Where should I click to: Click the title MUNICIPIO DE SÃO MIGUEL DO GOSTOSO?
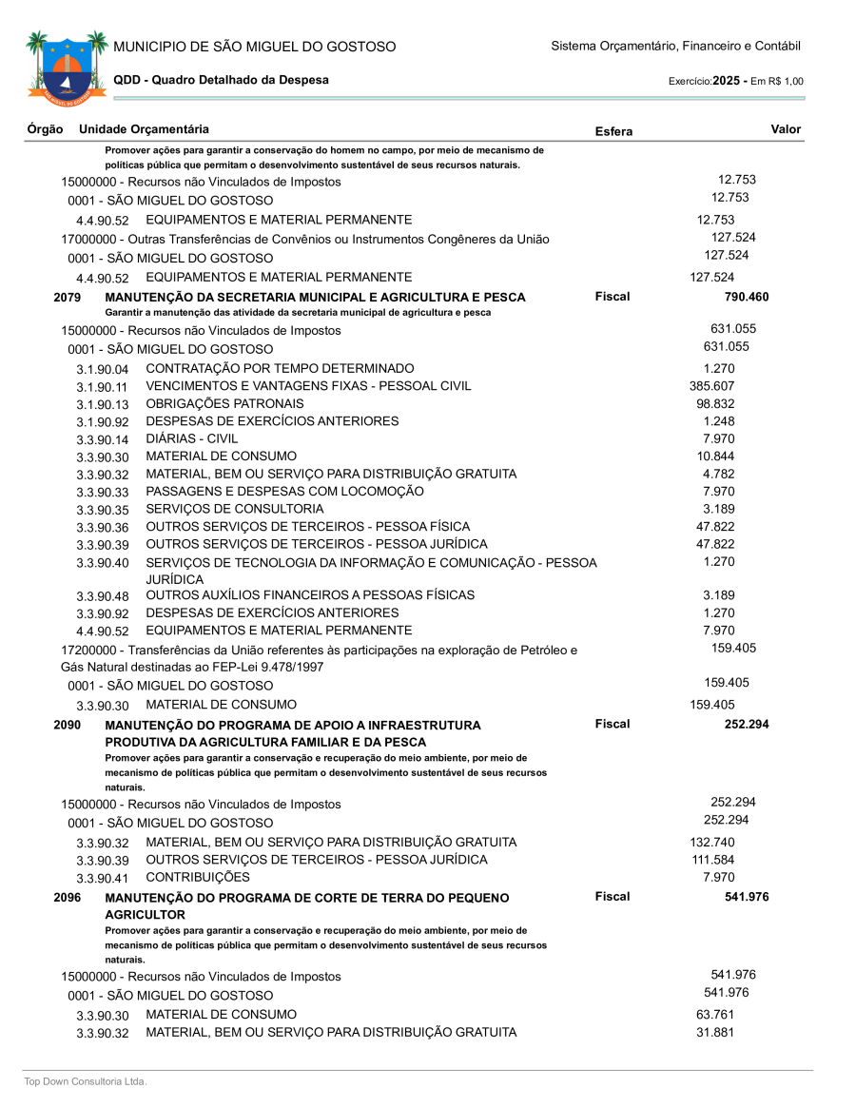coord(254,47)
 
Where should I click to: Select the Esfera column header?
coord(613,131)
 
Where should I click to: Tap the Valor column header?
coord(786,129)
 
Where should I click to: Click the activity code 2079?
coord(67,298)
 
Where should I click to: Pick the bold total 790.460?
coord(747,297)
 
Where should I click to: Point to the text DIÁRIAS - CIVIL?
coord(192,438)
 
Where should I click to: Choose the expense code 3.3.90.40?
coord(103,563)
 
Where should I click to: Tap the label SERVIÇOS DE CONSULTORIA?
coord(234,509)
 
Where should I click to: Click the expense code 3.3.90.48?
coord(103,596)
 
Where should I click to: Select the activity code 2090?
coord(67,725)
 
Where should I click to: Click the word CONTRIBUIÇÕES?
coord(198,877)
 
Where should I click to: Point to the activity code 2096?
coord(67,897)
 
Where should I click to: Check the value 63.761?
coord(715,1015)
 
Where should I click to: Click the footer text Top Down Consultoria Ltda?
coord(86,1081)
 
